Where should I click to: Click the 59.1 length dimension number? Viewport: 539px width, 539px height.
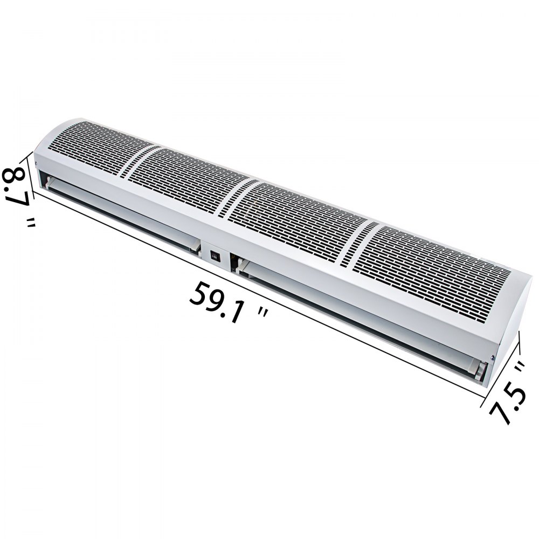coord(216,302)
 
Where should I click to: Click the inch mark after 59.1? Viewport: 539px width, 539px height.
coord(262,316)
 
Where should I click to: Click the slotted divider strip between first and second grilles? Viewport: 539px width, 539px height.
coord(132,159)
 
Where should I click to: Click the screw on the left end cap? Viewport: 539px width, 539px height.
coord(36,164)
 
